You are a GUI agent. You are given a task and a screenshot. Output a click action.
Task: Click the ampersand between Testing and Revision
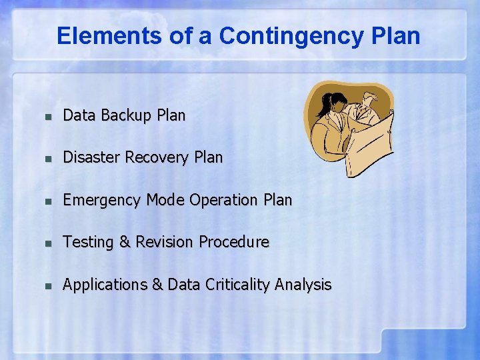click(125, 242)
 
